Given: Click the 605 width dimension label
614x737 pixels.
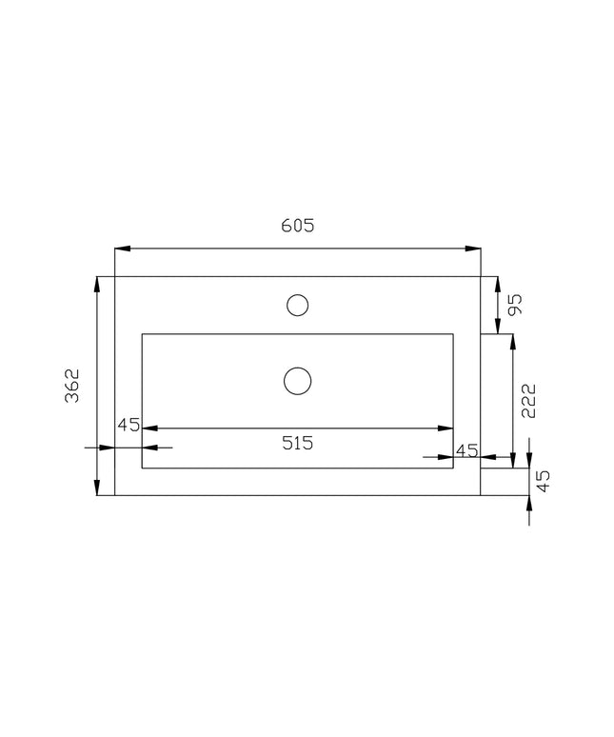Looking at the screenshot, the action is (297, 226).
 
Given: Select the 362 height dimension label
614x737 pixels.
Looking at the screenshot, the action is (72, 386).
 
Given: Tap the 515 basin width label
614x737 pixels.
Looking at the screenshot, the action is (297, 443).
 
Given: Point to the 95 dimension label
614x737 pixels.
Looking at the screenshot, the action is (515, 305).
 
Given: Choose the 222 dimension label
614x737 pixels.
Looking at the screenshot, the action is (528, 401).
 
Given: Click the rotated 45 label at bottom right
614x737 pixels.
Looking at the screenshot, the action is (543, 481).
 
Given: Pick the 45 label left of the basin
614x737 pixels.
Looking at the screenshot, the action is (129, 425).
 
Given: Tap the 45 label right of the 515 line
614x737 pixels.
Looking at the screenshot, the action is (467, 450).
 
